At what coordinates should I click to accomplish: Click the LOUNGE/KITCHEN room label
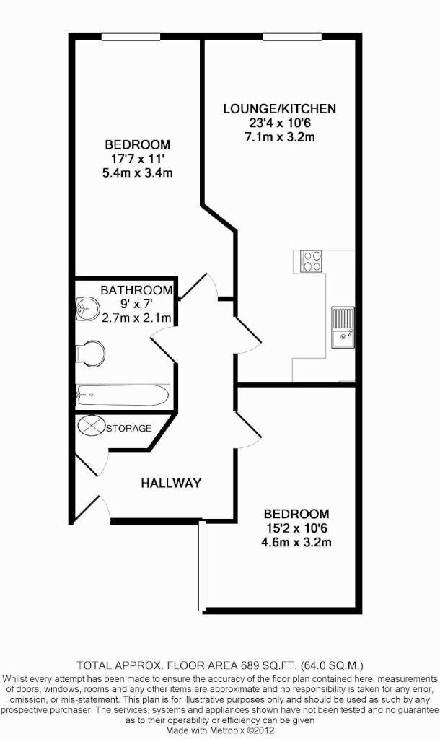pos(279,109)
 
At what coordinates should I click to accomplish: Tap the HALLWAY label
pos(171,483)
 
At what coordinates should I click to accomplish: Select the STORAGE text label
pos(128,428)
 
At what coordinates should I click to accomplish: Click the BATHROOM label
pos(136,290)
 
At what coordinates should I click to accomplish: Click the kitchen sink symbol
pos(343,328)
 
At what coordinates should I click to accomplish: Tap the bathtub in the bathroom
pos(123,395)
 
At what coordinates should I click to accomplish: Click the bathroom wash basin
pos(87,309)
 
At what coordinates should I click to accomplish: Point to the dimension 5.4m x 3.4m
pos(138,173)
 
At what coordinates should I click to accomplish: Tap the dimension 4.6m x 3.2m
pos(296,543)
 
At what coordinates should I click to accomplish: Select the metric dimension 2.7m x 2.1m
pos(136,318)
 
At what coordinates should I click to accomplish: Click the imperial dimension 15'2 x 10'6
pos(296,528)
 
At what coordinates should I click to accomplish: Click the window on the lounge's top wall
pos(293,37)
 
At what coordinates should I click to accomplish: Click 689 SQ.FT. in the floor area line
pos(270,666)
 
